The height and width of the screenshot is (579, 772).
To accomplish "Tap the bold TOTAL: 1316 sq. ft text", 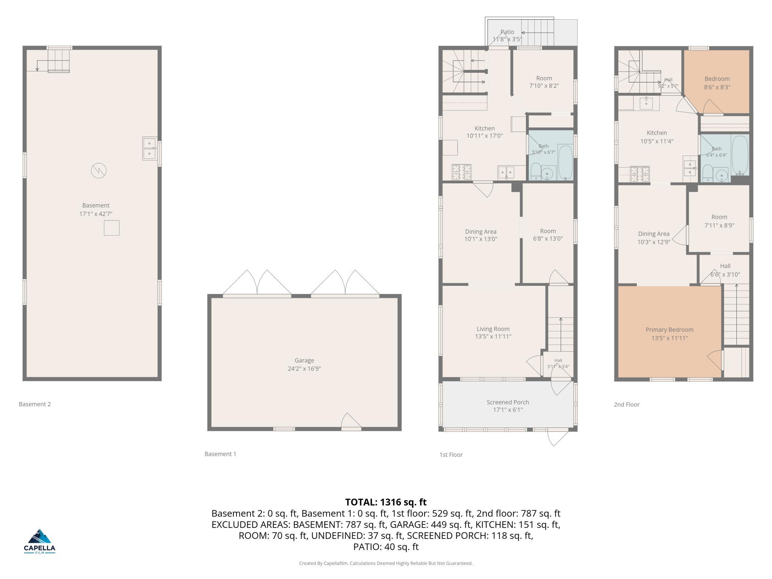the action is click(386, 502).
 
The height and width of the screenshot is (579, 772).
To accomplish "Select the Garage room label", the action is click(304, 360).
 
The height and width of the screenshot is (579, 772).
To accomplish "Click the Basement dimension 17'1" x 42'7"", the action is click(96, 214).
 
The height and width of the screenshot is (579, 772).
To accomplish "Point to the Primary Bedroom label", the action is click(670, 330).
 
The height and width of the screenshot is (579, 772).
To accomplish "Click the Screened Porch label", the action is click(508, 402).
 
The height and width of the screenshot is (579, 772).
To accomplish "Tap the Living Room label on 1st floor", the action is click(493, 329).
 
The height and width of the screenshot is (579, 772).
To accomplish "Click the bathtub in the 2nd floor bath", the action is click(740, 155).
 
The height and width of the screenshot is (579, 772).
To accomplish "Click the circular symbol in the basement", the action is click(99, 171).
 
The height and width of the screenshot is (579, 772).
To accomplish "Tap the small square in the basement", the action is click(111, 228).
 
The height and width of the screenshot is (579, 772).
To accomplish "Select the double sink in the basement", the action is click(150, 148).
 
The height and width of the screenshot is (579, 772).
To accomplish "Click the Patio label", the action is click(507, 32).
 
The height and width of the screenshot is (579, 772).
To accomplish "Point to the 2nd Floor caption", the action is click(627, 405).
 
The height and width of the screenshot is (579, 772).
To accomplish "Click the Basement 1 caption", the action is click(220, 454).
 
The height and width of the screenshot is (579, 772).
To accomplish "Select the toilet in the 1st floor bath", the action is click(536, 171).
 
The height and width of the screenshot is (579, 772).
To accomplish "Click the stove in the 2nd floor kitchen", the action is click(640, 174).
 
